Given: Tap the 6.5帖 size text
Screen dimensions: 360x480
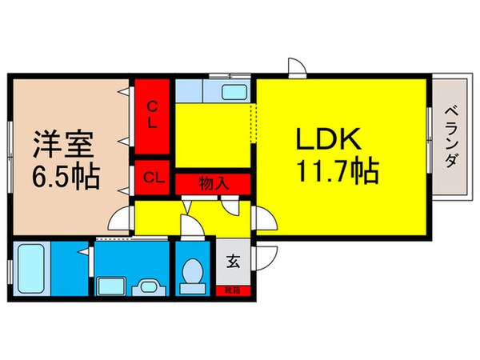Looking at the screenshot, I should pos(66,176).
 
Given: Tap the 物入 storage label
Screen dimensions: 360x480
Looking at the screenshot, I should pos(214,182).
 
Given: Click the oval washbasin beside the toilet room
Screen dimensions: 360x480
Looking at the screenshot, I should pos(147,285).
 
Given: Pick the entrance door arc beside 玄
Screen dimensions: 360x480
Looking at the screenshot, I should pos(267,258).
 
